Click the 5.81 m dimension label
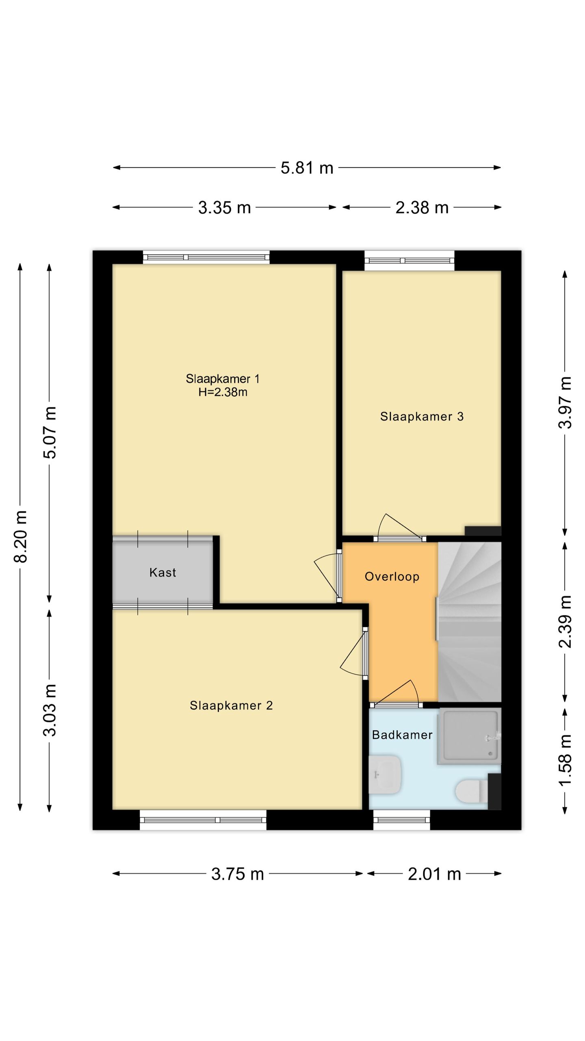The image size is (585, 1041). pyautogui.click(x=307, y=168)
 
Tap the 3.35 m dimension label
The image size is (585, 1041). pyautogui.click(x=224, y=208)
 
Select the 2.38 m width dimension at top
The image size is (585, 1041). pyautogui.click(x=422, y=208)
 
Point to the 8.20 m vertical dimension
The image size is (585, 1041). pyautogui.click(x=20, y=536)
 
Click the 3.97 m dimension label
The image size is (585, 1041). pyautogui.click(x=565, y=402)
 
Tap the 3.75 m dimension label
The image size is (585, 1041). pyautogui.click(x=238, y=874)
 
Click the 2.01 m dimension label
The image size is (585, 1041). pyautogui.click(x=434, y=874)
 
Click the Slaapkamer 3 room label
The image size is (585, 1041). pyautogui.click(x=422, y=416)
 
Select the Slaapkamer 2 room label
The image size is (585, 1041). pyautogui.click(x=231, y=706)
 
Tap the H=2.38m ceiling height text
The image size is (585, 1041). pyautogui.click(x=223, y=392)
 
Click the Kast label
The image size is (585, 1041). pyautogui.click(x=162, y=573)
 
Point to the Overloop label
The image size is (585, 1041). pyautogui.click(x=392, y=577)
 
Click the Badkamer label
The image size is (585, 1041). pyautogui.click(x=402, y=735)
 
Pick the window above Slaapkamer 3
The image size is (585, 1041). pyautogui.click(x=409, y=261)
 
